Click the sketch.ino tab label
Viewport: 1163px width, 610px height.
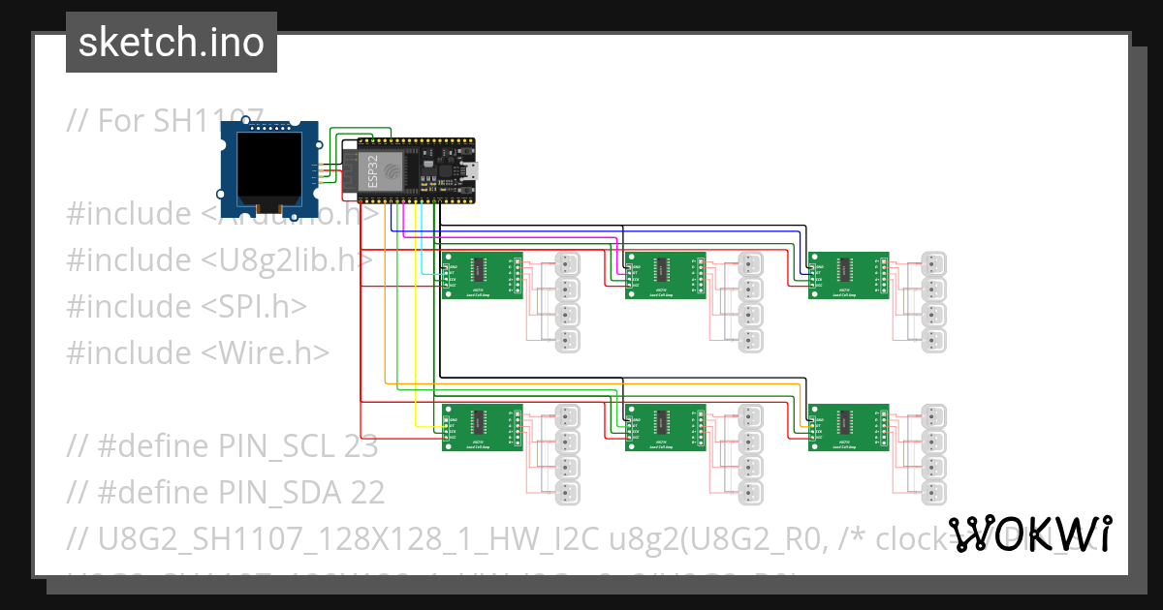pyautogui.click(x=171, y=43)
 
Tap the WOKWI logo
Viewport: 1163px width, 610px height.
pyautogui.click(x=1029, y=534)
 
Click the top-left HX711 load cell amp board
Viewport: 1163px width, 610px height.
pyautogui.click(x=482, y=275)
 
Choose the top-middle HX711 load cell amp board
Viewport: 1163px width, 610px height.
pyautogui.click(x=665, y=275)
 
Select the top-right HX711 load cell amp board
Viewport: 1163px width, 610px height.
pyautogui.click(x=848, y=275)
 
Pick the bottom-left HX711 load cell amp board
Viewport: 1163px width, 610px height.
pyautogui.click(x=482, y=427)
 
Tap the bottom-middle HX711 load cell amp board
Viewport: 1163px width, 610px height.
pyautogui.click(x=665, y=427)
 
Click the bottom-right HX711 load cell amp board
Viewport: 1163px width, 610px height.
pyautogui.click(x=848, y=427)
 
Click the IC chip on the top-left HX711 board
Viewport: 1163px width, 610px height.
pyautogui.click(x=478, y=267)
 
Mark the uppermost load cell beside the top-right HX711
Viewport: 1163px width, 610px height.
pyautogui.click(x=933, y=263)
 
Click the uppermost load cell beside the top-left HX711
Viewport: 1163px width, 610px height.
pyautogui.click(x=567, y=263)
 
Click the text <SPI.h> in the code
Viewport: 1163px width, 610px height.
pyautogui.click(x=255, y=306)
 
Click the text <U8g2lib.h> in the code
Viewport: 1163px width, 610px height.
pyautogui.click(x=288, y=259)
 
